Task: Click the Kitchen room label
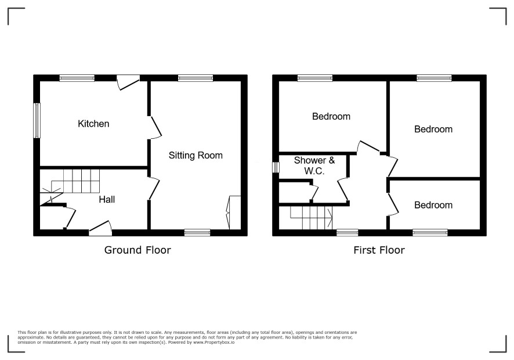93,124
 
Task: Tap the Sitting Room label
196,155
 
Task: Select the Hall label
107,200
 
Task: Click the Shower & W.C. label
314,165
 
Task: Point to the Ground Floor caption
137,250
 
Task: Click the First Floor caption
379,250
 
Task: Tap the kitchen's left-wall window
37,120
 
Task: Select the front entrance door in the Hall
100,228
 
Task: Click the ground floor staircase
70,182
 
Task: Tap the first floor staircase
311,218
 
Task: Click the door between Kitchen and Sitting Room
154,127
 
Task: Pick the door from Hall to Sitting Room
153,188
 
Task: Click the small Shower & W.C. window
276,167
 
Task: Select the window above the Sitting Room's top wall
196,78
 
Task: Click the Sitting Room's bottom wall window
197,232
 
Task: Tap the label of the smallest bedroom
433,205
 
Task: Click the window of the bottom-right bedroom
430,232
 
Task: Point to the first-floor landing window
348,232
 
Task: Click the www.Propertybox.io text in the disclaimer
213,342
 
